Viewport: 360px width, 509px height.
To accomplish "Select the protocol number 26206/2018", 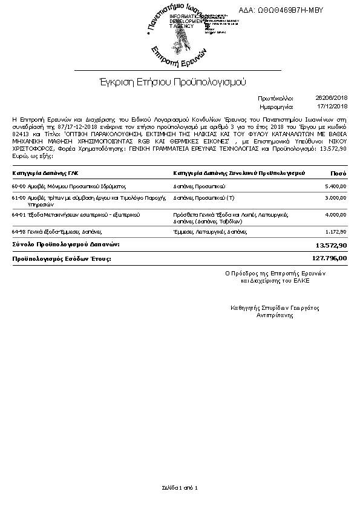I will [x=331, y=97].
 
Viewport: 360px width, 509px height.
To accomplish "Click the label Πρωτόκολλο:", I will [x=275, y=97].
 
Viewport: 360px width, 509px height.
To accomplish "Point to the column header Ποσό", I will [x=338, y=173].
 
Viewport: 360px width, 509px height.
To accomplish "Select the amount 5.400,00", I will [x=335, y=186].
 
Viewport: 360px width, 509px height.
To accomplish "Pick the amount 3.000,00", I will [x=335, y=198].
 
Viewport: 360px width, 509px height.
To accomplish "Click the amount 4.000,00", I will [x=335, y=215].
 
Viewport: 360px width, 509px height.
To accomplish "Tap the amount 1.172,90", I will [x=335, y=232].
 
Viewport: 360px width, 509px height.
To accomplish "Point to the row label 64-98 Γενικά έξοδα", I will [x=57, y=232].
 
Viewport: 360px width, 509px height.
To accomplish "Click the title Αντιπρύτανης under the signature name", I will [x=275, y=315].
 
